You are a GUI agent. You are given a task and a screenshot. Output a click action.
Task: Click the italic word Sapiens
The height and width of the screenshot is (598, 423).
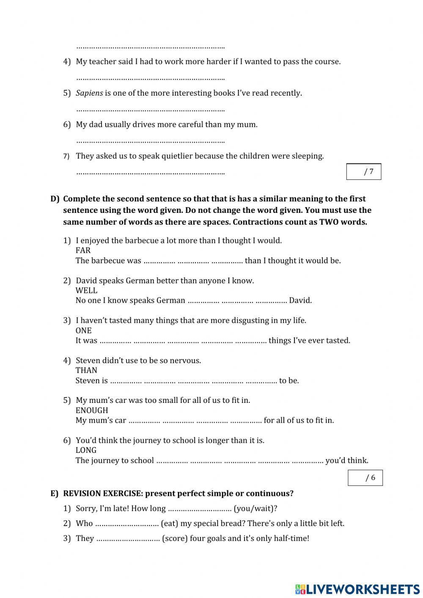pyautogui.click(x=89, y=93)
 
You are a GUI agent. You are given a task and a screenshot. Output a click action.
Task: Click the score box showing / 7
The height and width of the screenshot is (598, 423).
pyautogui.click(x=364, y=171)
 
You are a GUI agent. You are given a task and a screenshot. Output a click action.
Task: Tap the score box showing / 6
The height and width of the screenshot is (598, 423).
pyautogui.click(x=365, y=478)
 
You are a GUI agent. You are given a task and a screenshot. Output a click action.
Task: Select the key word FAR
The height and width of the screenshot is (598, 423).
pyautogui.click(x=83, y=251)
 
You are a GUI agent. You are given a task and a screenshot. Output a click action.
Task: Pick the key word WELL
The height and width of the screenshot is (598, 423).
pyautogui.click(x=86, y=290)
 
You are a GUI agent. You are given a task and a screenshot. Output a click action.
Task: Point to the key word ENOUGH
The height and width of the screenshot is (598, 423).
pyautogui.click(x=92, y=411)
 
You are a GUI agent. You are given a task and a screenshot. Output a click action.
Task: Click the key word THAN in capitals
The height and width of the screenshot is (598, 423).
pyautogui.click(x=86, y=370)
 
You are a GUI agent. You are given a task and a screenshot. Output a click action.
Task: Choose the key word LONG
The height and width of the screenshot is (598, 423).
pyautogui.click(x=86, y=450)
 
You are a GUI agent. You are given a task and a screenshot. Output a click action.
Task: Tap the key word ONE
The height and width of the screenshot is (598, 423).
pyautogui.click(x=83, y=331)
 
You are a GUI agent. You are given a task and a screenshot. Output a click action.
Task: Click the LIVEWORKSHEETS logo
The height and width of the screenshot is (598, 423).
pyautogui.click(x=357, y=589)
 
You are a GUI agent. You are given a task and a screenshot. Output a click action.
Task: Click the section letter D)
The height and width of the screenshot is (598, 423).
pyautogui.click(x=55, y=199)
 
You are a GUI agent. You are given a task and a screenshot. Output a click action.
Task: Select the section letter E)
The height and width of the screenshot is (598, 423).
pyautogui.click(x=55, y=493)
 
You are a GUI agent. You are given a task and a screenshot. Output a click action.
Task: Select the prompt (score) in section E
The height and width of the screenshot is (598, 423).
pyautogui.click(x=175, y=538)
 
